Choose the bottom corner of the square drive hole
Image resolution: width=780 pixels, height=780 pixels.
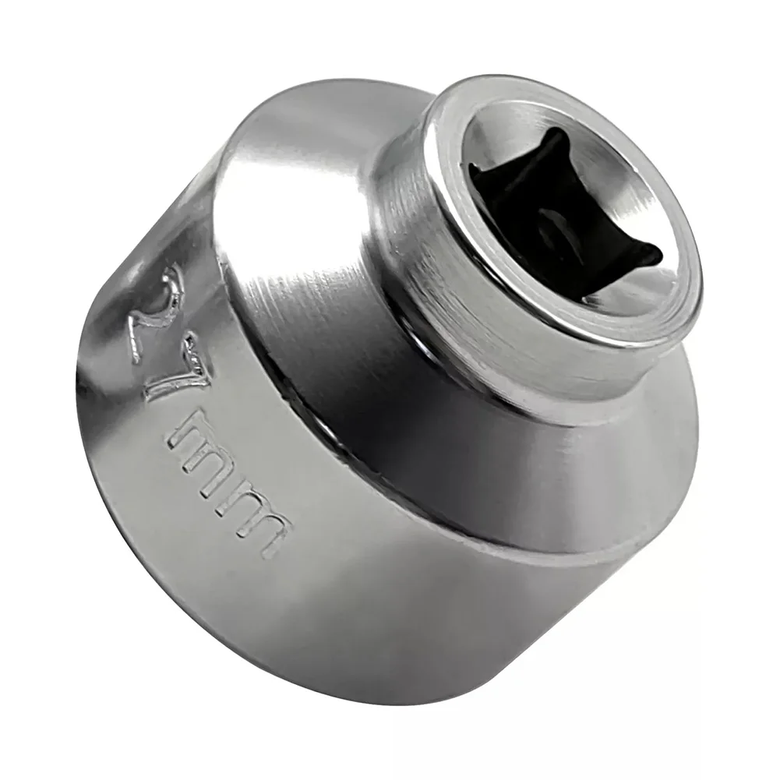coord(581,300)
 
